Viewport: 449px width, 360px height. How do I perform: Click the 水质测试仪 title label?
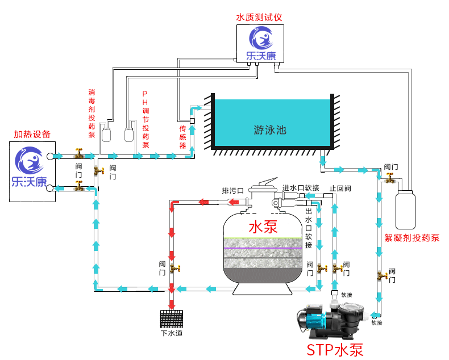click(x=259, y=18)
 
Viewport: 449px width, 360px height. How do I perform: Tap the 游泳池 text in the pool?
click(x=270, y=130)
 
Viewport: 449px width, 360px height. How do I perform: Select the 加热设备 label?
click(x=32, y=134)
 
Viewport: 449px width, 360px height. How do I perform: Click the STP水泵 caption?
click(x=335, y=350)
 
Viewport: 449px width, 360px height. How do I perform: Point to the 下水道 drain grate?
click(x=172, y=319)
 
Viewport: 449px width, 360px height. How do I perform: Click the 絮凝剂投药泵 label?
click(x=412, y=238)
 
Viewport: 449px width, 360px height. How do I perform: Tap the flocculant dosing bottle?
click(x=405, y=210)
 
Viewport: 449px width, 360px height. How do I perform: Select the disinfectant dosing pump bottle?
click(x=106, y=135)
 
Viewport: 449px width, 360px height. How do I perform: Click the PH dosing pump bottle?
click(x=129, y=135)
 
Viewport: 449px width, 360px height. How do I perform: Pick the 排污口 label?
click(x=232, y=191)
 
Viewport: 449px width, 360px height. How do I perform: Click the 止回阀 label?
click(x=340, y=189)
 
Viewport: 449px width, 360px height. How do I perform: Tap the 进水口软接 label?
click(x=301, y=188)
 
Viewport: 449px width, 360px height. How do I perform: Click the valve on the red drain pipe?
click(x=174, y=269)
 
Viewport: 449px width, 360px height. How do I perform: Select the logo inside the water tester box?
click(x=260, y=44)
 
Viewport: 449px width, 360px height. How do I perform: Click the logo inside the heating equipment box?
click(x=29, y=166)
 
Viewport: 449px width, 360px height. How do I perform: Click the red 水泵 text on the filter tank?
click(x=263, y=227)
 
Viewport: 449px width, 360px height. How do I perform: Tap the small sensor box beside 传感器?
click(x=193, y=121)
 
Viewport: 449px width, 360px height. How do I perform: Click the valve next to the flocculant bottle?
click(x=389, y=178)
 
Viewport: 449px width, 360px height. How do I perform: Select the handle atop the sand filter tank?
click(x=268, y=182)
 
